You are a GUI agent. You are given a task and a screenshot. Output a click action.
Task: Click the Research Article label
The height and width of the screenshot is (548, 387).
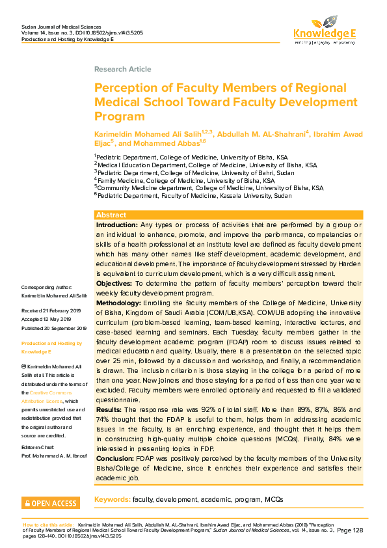(122, 69)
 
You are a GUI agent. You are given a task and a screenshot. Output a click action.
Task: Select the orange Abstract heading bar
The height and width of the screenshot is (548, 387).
(228, 215)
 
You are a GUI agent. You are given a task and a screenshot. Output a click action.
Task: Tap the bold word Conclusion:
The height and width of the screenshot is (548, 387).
(115, 458)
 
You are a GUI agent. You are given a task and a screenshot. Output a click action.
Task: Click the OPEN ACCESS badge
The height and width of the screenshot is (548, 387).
(51, 502)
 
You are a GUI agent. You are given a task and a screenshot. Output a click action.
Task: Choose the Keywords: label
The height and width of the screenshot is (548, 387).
(112, 499)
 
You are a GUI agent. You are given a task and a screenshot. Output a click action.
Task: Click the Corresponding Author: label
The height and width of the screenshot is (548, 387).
(47, 287)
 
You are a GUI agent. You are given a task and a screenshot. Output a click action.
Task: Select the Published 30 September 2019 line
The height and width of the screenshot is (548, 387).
(53, 328)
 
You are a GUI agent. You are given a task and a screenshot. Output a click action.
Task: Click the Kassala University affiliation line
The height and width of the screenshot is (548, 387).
(193, 195)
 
